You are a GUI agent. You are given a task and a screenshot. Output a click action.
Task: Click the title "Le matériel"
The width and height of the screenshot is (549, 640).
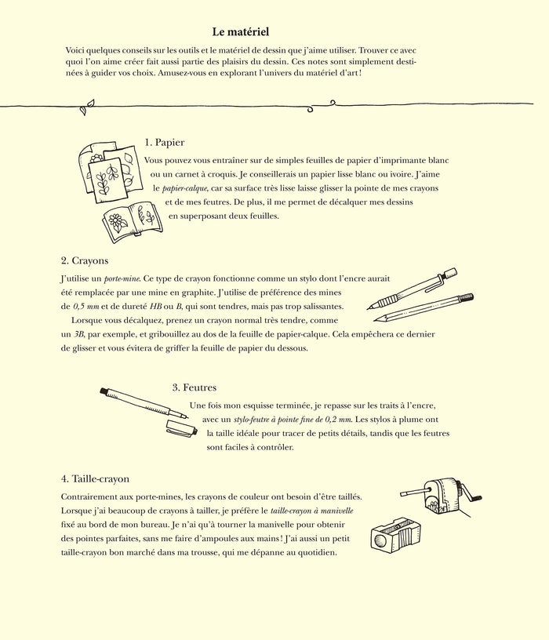point(241,32)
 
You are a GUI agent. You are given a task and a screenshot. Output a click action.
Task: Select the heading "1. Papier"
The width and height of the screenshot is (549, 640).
point(165,142)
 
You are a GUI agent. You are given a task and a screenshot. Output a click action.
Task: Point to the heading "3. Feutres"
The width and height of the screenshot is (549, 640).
point(194,387)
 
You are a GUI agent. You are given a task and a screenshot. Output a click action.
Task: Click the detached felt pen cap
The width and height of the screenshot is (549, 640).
point(182,428)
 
